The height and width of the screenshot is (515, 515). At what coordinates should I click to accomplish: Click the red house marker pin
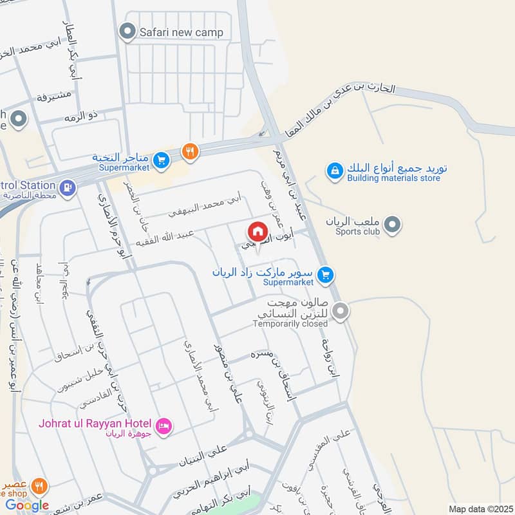pos(256,230)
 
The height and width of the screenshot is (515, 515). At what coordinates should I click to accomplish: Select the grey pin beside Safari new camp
pos(128,31)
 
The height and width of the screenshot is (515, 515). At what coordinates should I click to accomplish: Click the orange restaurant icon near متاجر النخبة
pos(189,151)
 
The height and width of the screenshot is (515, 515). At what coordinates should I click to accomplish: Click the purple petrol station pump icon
pos(67,187)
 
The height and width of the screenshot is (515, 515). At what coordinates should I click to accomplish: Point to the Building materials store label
pos(393,178)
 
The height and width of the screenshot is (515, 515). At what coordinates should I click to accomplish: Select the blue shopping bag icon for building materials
pos(334,171)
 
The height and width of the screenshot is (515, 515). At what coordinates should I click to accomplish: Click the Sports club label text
pos(359,231)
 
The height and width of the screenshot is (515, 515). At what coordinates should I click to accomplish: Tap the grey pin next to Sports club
pos(391,225)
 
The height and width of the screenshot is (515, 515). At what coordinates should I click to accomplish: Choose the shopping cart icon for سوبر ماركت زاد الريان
pos(326,276)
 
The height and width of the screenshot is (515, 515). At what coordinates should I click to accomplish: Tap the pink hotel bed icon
pos(164,426)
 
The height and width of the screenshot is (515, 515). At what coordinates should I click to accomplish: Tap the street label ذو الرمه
pos(79,117)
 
